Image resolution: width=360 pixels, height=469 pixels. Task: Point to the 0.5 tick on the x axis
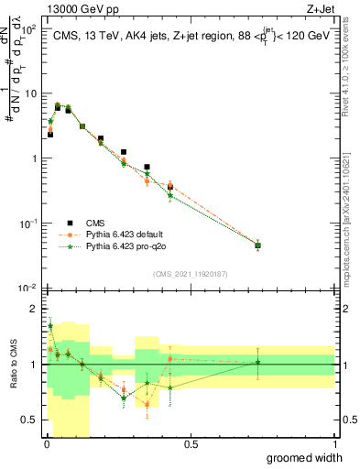[x=191, y=444]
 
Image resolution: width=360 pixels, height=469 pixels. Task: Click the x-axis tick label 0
[x=46, y=444]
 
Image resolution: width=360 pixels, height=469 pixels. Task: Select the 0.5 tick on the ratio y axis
[x=28, y=420]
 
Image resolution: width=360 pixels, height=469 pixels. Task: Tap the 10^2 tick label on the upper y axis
[x=27, y=29]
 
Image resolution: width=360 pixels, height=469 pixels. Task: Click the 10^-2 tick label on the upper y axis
[x=27, y=288]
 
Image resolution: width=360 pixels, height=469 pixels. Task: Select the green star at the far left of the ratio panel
[x=50, y=325]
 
